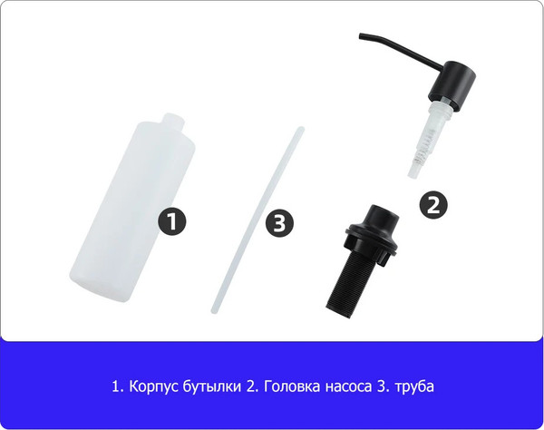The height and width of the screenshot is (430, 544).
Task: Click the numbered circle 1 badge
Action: tap(172, 220)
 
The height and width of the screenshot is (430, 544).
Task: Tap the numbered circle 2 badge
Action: tap(434, 204)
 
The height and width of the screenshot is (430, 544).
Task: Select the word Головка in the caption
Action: tap(291, 386)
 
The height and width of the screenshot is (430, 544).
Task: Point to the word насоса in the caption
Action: tap(345, 386)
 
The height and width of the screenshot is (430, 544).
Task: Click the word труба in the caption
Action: tap(414, 386)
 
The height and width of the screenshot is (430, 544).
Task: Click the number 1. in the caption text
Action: tap(116, 386)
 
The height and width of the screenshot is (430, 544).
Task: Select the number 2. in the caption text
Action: tap(253, 386)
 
